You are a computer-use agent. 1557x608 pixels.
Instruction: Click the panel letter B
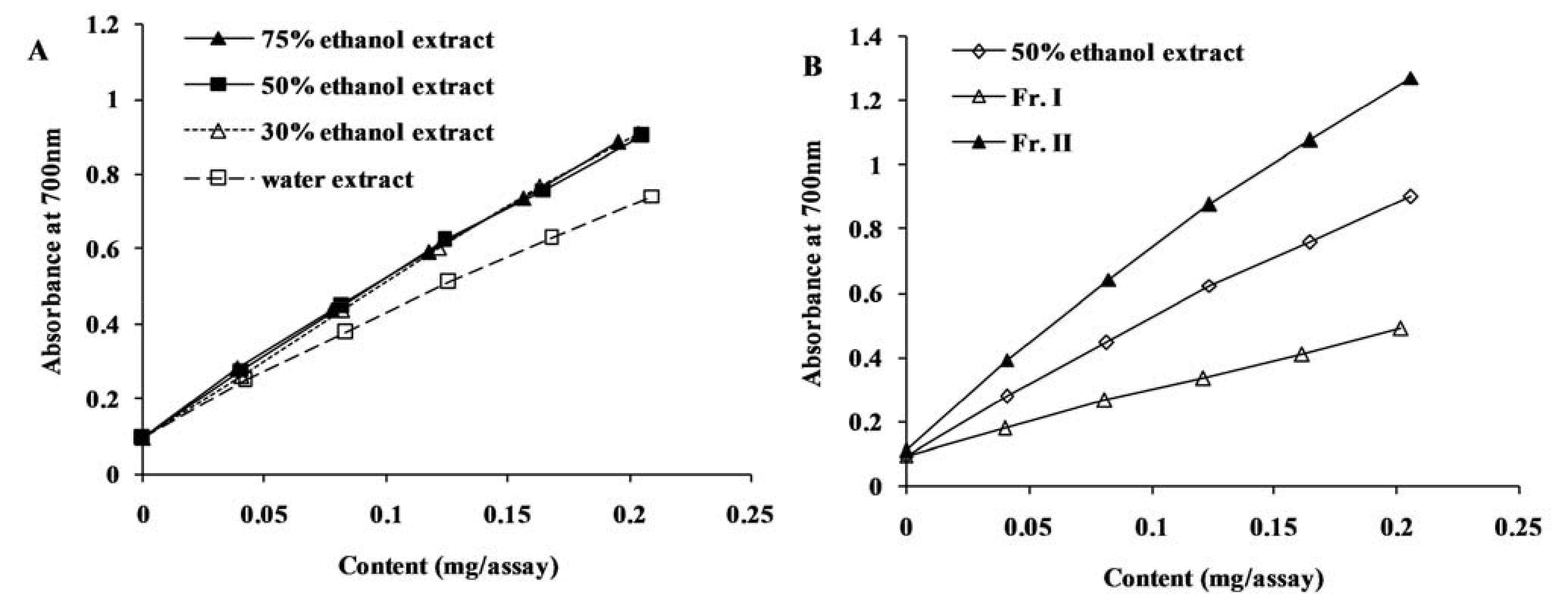(812, 66)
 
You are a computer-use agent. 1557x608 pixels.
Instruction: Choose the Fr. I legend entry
(1036, 98)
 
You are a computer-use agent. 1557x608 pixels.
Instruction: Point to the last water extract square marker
(651, 196)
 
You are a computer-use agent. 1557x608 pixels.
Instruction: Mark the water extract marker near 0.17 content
(551, 238)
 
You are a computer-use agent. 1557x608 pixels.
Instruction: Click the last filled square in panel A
(641, 135)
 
